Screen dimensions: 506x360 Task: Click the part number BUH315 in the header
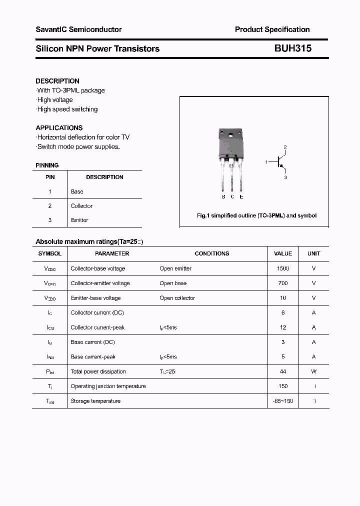click(x=292, y=48)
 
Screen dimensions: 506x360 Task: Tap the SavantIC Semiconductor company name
click(x=78, y=29)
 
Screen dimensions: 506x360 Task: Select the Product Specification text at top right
click(x=272, y=29)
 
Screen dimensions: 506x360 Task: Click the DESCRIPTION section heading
click(x=57, y=81)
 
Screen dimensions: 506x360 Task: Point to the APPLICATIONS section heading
click(x=59, y=127)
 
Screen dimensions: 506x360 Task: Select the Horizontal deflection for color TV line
click(x=83, y=137)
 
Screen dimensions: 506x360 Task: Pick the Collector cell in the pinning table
click(x=81, y=206)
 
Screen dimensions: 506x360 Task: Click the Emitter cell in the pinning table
click(x=79, y=220)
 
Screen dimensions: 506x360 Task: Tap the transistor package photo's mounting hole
click(x=230, y=135)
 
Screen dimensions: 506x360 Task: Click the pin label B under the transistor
click(x=223, y=196)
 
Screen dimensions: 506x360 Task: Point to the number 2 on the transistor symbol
click(x=285, y=147)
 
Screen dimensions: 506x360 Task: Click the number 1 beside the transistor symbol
click(x=266, y=162)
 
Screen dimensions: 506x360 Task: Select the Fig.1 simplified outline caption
click(x=256, y=215)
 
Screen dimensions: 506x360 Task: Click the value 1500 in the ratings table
click(x=283, y=268)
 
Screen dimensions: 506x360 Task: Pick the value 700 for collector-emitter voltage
click(x=283, y=283)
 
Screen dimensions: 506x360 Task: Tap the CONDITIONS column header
click(x=212, y=253)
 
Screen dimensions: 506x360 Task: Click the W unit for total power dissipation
click(x=313, y=371)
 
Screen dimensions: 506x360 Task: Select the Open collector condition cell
click(x=177, y=298)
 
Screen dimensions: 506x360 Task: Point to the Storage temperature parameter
click(x=95, y=401)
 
